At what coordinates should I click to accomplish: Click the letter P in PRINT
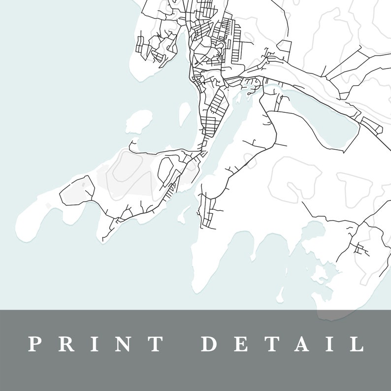34,344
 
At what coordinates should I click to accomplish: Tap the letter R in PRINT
66,344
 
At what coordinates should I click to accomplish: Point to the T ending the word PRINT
156,344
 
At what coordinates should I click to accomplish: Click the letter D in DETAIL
210,344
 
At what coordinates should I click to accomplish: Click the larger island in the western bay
139,120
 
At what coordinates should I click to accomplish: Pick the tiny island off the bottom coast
280,295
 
